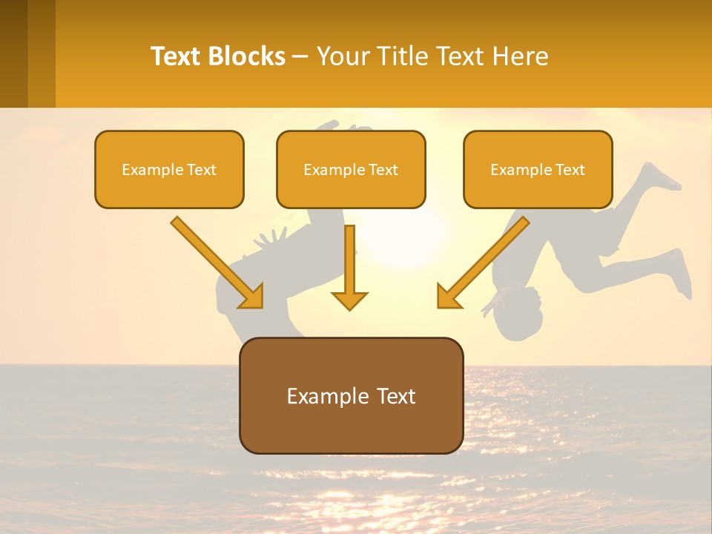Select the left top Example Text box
[169, 170]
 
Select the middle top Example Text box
[351, 170]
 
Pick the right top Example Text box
[538, 170]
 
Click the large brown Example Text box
[351, 396]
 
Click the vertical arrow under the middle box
[349, 260]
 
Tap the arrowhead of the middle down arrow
[349, 300]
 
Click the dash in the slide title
[301, 56]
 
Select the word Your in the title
[343, 56]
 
